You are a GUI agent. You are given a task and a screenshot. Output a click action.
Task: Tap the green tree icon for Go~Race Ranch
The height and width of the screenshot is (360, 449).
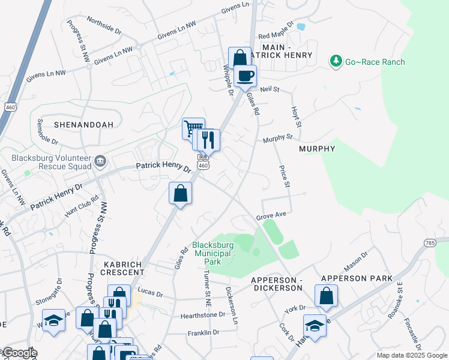[x=336, y=61]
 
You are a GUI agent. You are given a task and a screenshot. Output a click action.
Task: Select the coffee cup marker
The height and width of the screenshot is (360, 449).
[x=246, y=77]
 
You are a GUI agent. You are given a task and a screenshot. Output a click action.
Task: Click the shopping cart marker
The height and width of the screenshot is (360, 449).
[x=193, y=128]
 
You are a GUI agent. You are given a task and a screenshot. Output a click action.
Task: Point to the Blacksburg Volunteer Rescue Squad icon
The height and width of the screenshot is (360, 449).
[x=100, y=160]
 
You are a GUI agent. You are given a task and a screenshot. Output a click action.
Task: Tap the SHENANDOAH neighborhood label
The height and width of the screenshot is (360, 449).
[x=84, y=125]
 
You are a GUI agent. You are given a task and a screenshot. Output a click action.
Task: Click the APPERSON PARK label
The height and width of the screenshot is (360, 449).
[x=357, y=278]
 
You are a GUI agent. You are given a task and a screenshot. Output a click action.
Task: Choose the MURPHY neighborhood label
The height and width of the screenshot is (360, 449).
[x=316, y=148]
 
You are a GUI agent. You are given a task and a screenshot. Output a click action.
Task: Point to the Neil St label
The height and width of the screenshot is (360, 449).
[x=270, y=89]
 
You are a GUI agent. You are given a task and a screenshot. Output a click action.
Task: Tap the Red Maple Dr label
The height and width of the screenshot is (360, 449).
[x=276, y=31]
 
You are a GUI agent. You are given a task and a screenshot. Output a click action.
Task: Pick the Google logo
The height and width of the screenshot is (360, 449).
[x=19, y=353]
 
